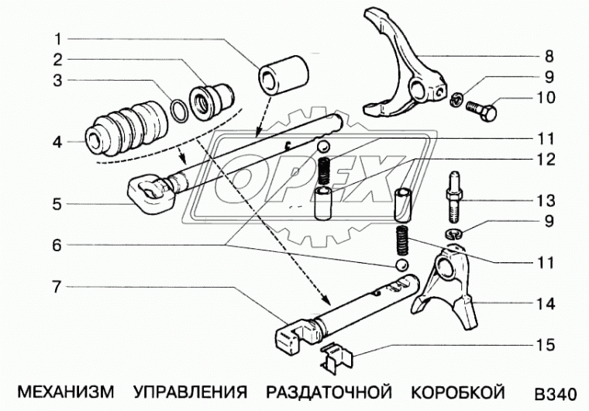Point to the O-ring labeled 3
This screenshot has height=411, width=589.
178,110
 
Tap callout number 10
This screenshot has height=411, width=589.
546,98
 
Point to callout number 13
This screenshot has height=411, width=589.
546,200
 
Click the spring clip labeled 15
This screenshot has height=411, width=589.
339,357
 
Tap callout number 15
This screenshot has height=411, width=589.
546,343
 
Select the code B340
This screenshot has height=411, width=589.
555,390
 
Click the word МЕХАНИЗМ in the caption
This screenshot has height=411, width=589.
62,389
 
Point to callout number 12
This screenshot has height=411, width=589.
546,158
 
